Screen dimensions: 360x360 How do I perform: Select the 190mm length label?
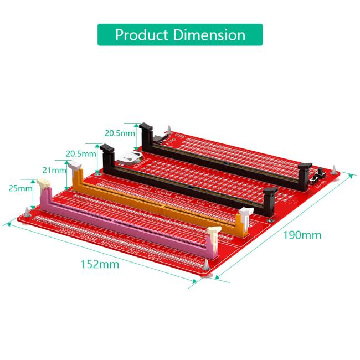coord(302,235)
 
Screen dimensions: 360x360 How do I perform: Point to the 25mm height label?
coord(21,189)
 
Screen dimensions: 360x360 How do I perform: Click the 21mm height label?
coord(53,169)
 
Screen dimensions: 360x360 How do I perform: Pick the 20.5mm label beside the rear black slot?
coord(120,133)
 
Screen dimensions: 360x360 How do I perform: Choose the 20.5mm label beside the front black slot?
coord(81,153)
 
